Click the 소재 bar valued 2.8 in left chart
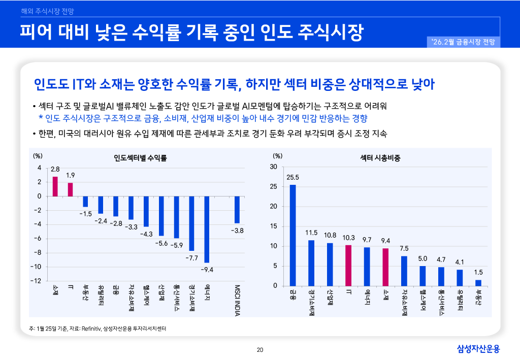(x=55, y=186)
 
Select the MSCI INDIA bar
(x=237, y=210)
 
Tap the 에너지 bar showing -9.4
(x=207, y=229)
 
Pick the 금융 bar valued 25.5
(x=292, y=235)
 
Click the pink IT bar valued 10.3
(x=348, y=265)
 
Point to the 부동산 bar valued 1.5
(x=478, y=283)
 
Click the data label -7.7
(x=191, y=258)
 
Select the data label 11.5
(x=311, y=233)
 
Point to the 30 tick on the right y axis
(x=274, y=167)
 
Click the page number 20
(x=260, y=349)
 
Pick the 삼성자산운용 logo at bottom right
(x=478, y=349)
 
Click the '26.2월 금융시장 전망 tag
(x=464, y=42)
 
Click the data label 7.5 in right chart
(x=404, y=248)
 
